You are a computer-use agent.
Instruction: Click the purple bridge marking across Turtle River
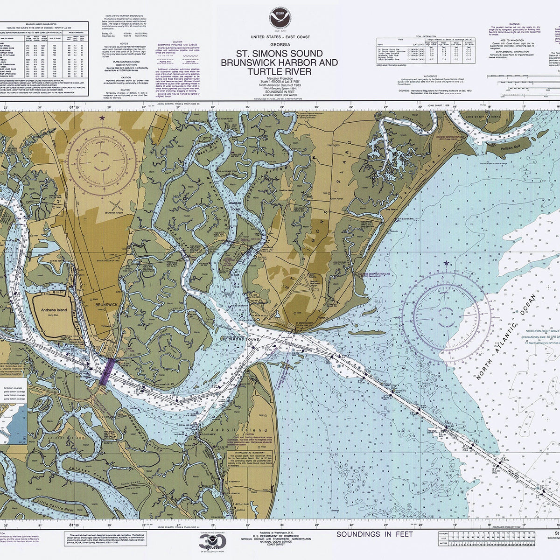pos(107,371)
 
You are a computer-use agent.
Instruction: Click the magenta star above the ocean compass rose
pos(448,264)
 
